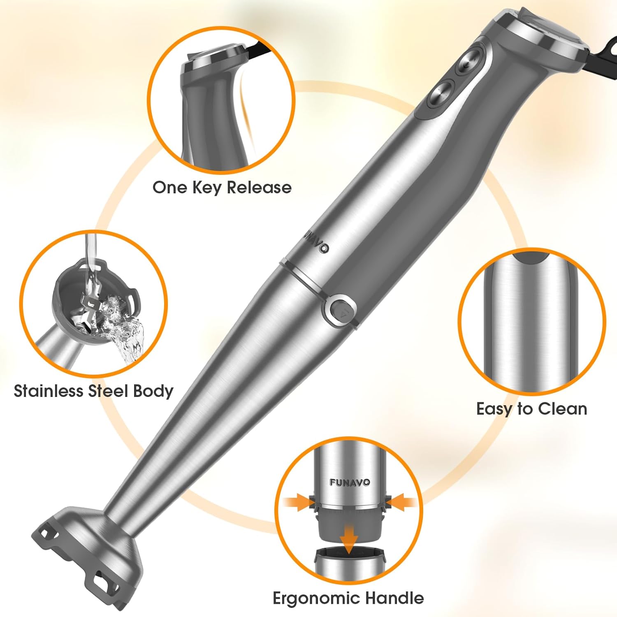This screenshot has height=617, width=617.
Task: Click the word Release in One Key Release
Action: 259,188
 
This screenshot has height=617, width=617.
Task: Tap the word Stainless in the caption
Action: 48,391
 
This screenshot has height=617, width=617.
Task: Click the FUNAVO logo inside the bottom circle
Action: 349,482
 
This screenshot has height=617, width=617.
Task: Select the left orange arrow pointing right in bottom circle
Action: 297,502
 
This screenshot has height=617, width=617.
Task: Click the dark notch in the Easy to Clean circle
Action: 531,258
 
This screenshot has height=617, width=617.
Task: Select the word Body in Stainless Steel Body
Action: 153,391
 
